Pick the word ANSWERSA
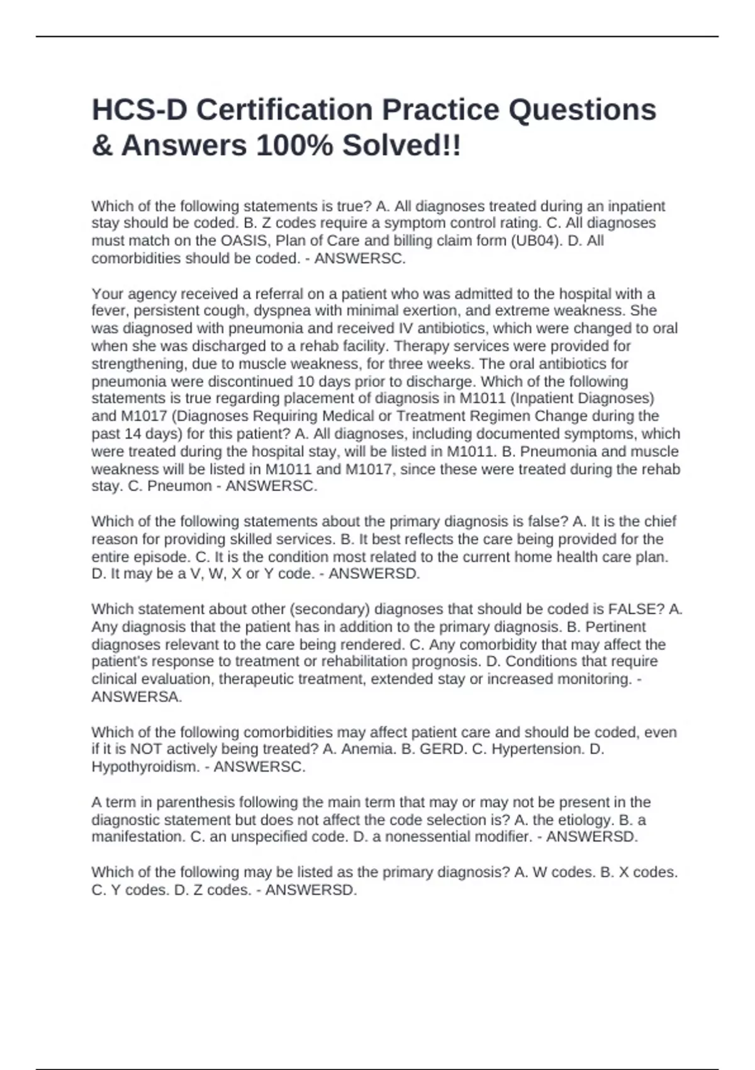click(x=137, y=697)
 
